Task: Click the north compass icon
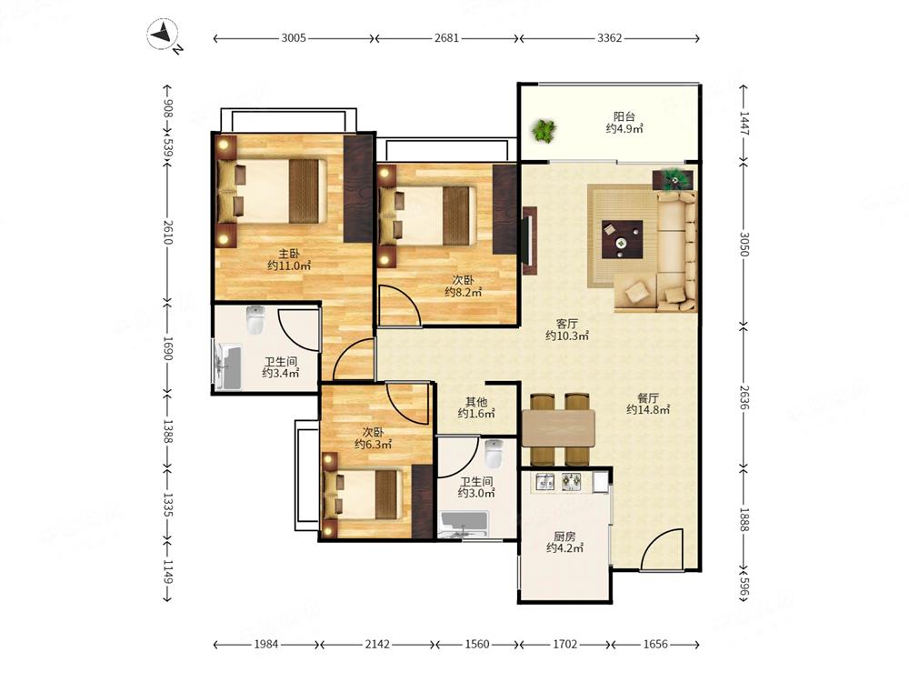click(x=163, y=35)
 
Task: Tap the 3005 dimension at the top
click(x=294, y=38)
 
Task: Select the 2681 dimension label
click(x=446, y=38)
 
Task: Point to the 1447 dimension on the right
click(x=744, y=124)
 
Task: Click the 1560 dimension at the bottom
click(x=477, y=644)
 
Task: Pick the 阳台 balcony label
click(x=624, y=116)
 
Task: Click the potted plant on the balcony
click(x=544, y=131)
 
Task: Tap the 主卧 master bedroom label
click(x=289, y=254)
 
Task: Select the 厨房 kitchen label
click(x=564, y=536)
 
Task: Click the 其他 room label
click(x=476, y=401)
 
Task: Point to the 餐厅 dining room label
click(x=648, y=398)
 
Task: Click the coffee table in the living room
click(x=622, y=239)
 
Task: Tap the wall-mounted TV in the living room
click(x=529, y=241)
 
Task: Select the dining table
click(x=559, y=428)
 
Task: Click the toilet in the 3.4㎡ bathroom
click(x=255, y=320)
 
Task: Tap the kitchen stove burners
click(x=572, y=482)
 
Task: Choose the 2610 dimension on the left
click(x=168, y=232)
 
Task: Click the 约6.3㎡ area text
click(x=374, y=445)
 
